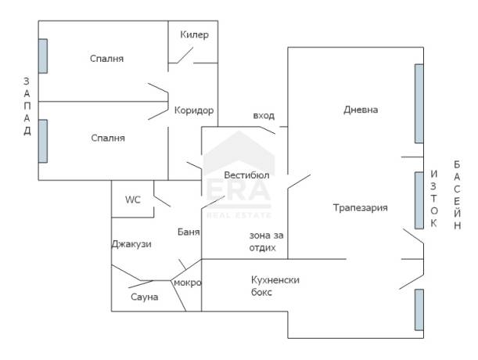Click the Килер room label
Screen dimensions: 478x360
point(194,34)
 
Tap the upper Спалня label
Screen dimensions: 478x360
point(106,58)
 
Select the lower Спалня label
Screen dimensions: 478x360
point(108,138)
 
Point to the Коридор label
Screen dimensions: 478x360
point(194,110)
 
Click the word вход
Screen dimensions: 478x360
point(264,116)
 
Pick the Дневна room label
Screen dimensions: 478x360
point(361,110)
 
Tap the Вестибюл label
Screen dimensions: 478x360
point(246,175)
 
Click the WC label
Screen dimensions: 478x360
point(133,200)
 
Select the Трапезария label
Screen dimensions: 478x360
point(361,207)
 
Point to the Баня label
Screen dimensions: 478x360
point(189,232)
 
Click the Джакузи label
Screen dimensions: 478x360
point(131,244)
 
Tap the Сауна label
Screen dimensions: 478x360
point(144,297)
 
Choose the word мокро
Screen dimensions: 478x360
point(188,283)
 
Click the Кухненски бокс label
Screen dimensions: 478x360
point(275,286)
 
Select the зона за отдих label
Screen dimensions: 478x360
point(266,241)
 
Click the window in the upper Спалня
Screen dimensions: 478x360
point(43,56)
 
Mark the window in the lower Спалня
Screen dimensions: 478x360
point(43,141)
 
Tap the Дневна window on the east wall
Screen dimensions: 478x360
point(419,104)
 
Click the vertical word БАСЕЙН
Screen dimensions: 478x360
point(457,195)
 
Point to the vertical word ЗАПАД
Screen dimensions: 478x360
point(27,106)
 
